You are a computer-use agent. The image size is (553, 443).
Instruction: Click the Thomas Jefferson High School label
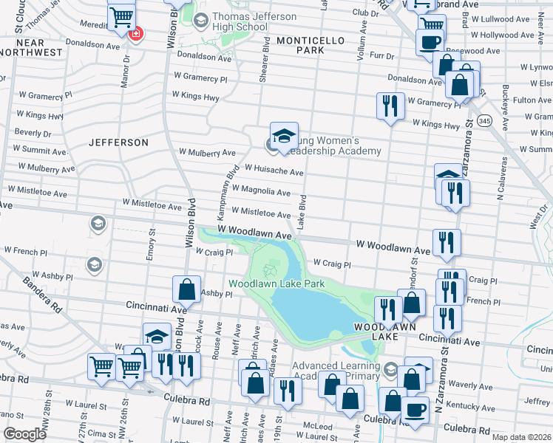pyautogui.click(x=240, y=22)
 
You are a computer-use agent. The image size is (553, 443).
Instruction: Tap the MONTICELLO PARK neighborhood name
pyautogui.click(x=299, y=44)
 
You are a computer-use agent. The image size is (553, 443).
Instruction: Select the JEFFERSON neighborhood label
pyautogui.click(x=119, y=142)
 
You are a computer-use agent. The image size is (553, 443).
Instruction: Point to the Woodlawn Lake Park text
pyautogui.click(x=276, y=284)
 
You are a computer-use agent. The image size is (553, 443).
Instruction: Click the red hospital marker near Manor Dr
pyautogui.click(x=135, y=33)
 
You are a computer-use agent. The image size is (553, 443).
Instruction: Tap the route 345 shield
pyautogui.click(x=485, y=120)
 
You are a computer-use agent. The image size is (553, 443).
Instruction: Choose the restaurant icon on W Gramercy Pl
pyautogui.click(x=389, y=106)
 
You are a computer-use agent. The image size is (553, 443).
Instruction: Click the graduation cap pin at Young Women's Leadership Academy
pyautogui.click(x=284, y=136)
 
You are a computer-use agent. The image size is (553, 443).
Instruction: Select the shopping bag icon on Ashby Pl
pyautogui.click(x=187, y=290)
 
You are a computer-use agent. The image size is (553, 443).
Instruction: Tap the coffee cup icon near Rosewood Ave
pyautogui.click(x=430, y=43)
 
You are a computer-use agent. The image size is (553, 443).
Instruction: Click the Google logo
pyautogui.click(x=24, y=434)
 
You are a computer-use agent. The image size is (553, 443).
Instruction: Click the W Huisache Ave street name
pyautogui.click(x=274, y=171)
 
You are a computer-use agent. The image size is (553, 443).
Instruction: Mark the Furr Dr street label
pyautogui.click(x=381, y=55)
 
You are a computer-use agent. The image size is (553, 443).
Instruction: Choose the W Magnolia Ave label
pyautogui.click(x=261, y=191)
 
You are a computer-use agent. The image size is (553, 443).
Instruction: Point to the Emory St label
pyautogui.click(x=152, y=244)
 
